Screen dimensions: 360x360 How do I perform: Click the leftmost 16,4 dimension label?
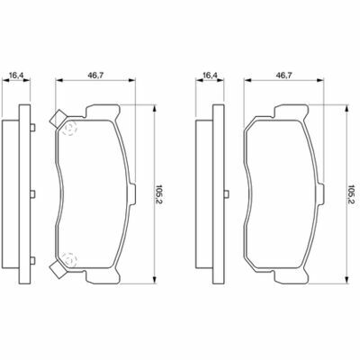[16, 76]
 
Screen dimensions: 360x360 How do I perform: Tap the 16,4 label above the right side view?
[210, 76]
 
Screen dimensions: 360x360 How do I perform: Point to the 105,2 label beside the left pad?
[158, 194]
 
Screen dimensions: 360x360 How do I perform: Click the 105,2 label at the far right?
[350, 194]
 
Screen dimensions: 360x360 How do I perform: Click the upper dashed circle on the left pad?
[69, 129]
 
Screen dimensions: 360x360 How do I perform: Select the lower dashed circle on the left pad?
[69, 258]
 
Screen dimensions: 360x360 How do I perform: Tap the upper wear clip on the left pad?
[58, 119]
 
